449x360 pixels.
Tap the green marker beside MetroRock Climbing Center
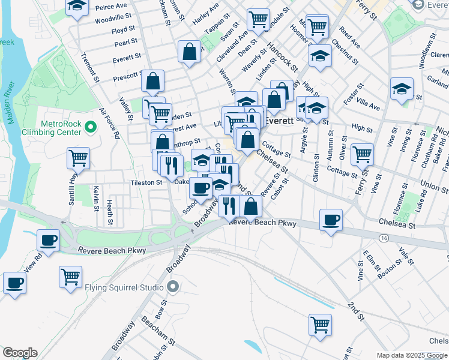(x=91, y=127)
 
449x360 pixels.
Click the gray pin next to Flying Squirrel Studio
(x=173, y=286)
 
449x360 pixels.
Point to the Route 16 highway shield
(x=382, y=238)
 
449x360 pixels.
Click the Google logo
(x=20, y=353)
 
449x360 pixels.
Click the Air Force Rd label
(x=109, y=124)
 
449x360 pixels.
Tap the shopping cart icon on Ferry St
(x=362, y=154)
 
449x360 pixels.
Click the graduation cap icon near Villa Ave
(x=402, y=89)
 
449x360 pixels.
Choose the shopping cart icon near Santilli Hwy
(x=79, y=158)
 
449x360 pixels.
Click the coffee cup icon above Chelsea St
(x=331, y=220)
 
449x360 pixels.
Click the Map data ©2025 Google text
(x=412, y=355)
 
